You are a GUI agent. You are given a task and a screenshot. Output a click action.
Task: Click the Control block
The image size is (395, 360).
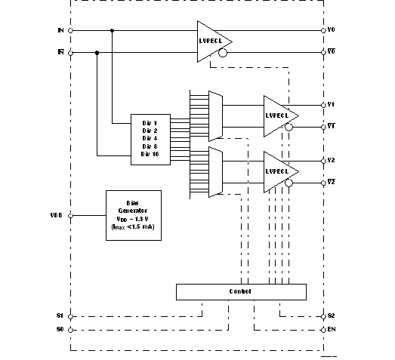coord(240,291)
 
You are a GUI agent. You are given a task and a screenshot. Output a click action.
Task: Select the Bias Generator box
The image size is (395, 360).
coord(134,214)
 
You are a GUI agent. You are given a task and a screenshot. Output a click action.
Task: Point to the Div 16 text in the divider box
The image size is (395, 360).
coord(150,154)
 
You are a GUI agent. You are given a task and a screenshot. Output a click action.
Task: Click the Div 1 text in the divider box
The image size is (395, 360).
coord(150,122)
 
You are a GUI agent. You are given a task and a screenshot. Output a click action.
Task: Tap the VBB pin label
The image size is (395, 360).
coord(56,215)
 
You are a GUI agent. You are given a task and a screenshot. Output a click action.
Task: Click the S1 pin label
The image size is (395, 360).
coord(60,315)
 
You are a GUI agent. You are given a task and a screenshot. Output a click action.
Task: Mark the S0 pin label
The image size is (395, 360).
coord(60,330)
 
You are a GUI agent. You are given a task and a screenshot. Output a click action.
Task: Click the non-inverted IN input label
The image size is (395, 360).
coord(60,30)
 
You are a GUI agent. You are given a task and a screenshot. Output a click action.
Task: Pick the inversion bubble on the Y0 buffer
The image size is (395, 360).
coord(222,54)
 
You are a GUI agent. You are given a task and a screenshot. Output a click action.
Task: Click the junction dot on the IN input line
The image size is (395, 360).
coord(113,31)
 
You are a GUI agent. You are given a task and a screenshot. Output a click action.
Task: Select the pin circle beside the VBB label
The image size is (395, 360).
coord(70,215)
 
